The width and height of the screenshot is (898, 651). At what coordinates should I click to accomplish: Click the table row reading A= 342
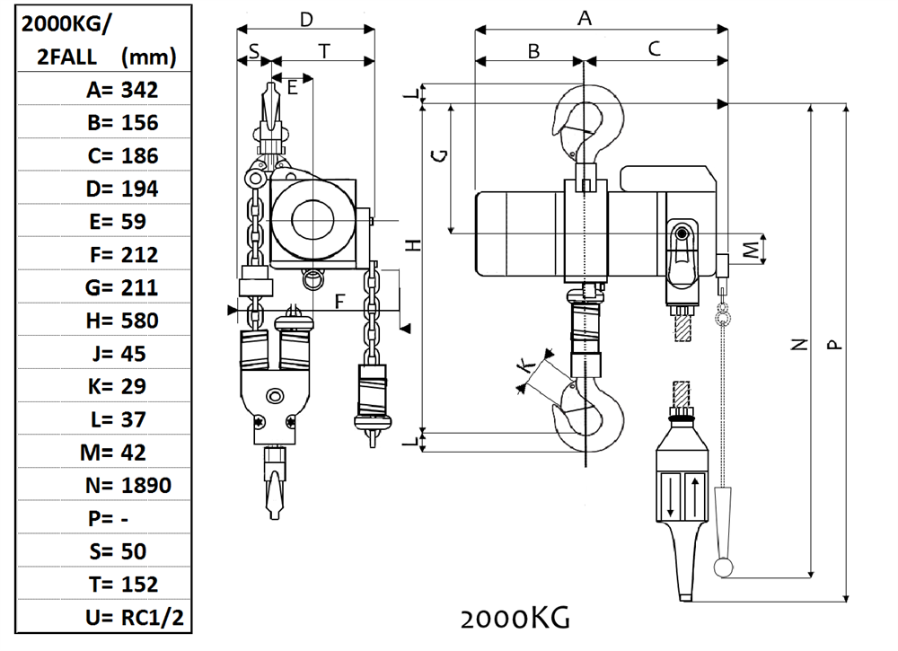[x=122, y=90]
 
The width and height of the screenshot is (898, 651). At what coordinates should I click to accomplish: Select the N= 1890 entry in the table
[x=128, y=486]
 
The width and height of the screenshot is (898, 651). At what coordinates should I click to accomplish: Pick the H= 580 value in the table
[x=123, y=321]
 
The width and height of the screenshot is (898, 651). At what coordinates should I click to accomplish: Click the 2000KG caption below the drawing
[x=515, y=619]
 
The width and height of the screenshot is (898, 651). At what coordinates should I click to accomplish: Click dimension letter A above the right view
[x=585, y=18]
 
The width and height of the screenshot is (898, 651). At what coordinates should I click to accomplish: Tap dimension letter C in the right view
[x=655, y=49]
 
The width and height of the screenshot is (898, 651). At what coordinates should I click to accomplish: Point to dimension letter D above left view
[x=306, y=19]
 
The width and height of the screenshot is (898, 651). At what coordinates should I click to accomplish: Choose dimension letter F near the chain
[x=339, y=301]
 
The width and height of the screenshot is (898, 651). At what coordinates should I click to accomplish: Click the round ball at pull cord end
[x=723, y=567]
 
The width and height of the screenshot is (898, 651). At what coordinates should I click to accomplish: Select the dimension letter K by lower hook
[x=528, y=366]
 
